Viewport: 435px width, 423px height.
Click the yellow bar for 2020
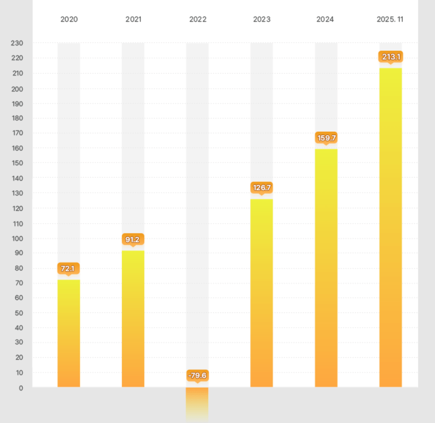(x=69, y=333)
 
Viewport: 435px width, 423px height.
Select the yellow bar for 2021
(x=133, y=319)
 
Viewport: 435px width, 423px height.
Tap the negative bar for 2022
(x=197, y=403)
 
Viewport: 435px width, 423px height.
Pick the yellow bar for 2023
(x=261, y=293)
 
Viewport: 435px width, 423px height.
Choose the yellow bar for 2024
(x=326, y=268)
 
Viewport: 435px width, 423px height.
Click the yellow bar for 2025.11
(x=391, y=227)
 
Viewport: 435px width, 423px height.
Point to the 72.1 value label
(x=68, y=268)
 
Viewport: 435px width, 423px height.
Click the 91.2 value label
(x=133, y=240)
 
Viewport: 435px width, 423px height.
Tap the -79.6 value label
(x=197, y=376)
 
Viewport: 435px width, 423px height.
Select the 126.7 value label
(x=261, y=188)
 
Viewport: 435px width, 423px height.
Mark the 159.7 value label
(x=326, y=138)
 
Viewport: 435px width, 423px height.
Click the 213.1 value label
(x=391, y=57)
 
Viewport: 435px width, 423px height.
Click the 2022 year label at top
(x=198, y=19)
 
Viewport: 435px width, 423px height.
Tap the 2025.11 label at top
(x=390, y=19)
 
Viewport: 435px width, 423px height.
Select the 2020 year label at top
(x=69, y=19)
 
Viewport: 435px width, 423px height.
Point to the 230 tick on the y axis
(x=17, y=43)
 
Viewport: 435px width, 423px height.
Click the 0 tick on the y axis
(x=20, y=388)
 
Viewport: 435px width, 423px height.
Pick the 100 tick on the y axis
(x=17, y=238)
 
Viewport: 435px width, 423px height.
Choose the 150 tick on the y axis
(x=17, y=163)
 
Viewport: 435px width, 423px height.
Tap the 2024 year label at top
(x=325, y=19)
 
